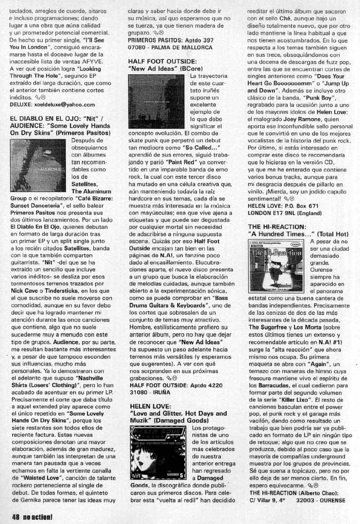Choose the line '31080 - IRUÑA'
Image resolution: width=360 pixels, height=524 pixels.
click(151, 392)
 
